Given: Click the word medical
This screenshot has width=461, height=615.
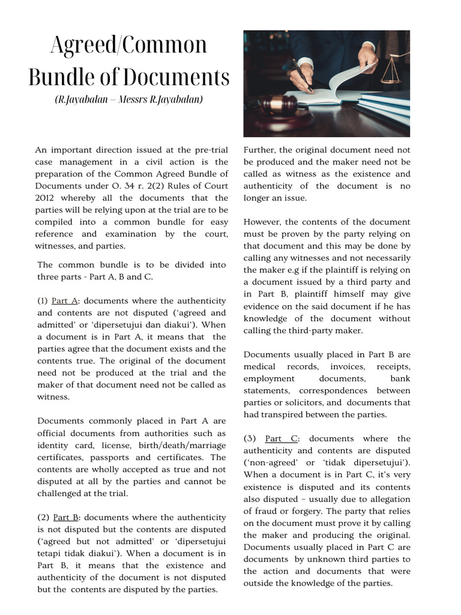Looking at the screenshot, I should click(259, 366).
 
